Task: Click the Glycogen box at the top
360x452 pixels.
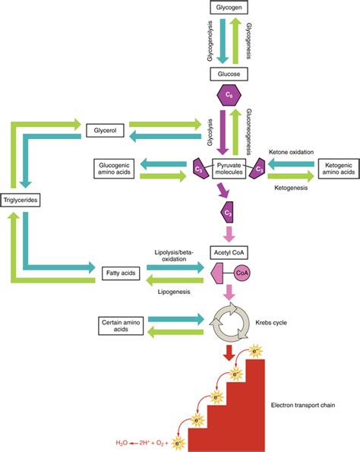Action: coord(230,8)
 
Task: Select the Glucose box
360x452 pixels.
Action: coord(230,74)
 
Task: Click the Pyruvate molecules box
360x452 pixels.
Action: coord(230,169)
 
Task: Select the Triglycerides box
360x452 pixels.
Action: coord(22,201)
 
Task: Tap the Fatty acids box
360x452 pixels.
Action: coord(118,271)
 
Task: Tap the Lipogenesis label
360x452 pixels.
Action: coord(167,290)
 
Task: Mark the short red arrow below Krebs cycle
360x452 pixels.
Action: coord(230,353)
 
